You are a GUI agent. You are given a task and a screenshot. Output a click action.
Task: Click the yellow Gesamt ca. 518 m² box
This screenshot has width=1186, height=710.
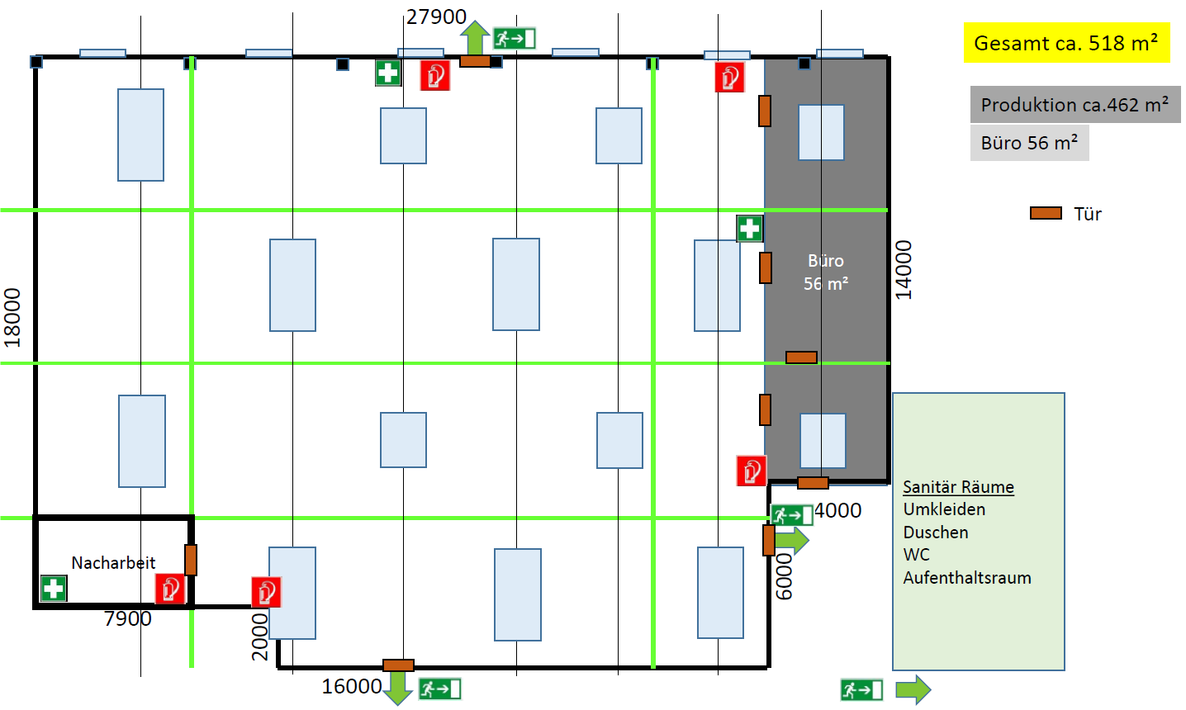1066,43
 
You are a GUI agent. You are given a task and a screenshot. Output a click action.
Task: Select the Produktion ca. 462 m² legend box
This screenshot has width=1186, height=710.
1075,105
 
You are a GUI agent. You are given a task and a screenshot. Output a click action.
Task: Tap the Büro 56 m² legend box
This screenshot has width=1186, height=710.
1029,143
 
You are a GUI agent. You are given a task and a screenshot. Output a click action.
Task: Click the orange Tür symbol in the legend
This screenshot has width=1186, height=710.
1046,213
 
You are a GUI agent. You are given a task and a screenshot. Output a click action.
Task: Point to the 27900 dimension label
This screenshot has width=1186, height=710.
436,17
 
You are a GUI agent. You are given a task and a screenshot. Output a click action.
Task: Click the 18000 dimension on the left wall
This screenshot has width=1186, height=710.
12,318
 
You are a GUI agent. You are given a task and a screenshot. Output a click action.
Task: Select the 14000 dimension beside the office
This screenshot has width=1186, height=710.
904,269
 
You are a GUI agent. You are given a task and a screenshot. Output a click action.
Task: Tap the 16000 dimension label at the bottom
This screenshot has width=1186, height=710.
352,686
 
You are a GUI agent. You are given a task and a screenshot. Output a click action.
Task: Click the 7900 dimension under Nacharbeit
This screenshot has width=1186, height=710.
128,618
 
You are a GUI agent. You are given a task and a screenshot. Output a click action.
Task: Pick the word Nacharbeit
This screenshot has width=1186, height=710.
113,563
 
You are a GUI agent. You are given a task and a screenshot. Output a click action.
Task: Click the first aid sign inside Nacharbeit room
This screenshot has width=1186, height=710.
54,589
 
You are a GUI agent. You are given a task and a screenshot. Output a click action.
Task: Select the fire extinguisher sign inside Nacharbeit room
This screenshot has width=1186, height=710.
170,589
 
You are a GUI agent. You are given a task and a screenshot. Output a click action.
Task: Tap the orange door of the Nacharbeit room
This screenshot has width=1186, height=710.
191,560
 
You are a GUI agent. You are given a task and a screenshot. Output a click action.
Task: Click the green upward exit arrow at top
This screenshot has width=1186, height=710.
475,37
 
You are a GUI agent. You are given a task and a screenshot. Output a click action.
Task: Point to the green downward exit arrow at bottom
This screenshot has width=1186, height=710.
398,688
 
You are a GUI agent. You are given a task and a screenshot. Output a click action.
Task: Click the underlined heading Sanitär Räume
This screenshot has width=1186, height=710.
958,487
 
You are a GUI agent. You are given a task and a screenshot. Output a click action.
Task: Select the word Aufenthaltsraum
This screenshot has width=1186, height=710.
967,578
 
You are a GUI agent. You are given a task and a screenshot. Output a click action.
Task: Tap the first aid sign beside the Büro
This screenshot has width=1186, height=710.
750,229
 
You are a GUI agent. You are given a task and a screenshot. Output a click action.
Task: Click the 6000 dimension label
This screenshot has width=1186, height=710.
785,576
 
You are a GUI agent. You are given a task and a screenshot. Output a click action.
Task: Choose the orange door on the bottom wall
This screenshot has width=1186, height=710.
398,665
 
